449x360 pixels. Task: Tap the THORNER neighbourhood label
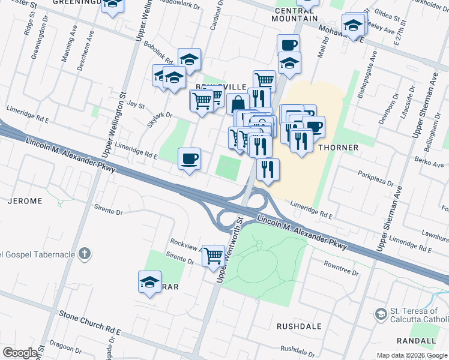339,148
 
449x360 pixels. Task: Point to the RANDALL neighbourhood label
416,340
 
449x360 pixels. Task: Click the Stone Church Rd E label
89,323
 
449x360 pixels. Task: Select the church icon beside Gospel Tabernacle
85,254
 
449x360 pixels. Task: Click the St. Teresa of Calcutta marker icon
381,314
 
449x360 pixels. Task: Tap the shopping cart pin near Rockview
213,256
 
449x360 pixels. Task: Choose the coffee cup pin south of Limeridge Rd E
189,159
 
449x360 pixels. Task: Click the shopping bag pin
238,104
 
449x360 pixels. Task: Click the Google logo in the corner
20,353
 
